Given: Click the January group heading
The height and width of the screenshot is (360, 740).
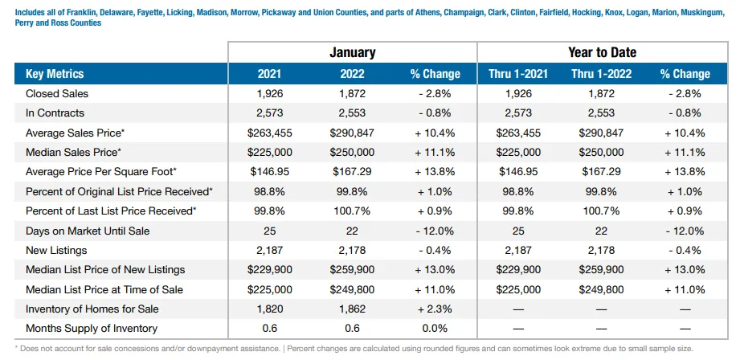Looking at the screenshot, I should tap(352, 52).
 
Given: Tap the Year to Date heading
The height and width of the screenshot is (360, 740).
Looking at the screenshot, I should tap(602, 52).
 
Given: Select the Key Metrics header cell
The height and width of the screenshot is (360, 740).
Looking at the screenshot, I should tap(55, 74).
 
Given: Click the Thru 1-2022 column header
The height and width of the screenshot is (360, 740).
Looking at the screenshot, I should tap(601, 74).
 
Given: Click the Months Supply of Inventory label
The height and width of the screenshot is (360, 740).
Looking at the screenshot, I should tap(92, 329).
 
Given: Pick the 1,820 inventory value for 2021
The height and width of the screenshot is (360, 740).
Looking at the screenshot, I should tap(269, 309).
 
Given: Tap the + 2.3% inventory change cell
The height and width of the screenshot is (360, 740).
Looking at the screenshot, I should tap(435, 309).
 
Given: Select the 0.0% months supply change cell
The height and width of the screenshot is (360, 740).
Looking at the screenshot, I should tap(435, 329).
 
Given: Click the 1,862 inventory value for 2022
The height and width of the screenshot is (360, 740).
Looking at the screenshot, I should tap(352, 309).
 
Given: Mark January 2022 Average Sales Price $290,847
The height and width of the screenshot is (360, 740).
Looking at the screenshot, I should tap(352, 133).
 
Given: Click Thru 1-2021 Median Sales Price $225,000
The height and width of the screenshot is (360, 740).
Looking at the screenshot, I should tap(518, 152).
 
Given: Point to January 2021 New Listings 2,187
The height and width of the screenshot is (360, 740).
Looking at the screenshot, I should tap(269, 251).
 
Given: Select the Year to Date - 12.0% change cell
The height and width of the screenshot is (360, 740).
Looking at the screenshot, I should tap(685, 231).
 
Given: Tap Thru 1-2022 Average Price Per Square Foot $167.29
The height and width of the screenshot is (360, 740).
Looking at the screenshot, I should tap(601, 171).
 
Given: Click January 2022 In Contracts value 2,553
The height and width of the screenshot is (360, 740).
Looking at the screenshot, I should tap(352, 113).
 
